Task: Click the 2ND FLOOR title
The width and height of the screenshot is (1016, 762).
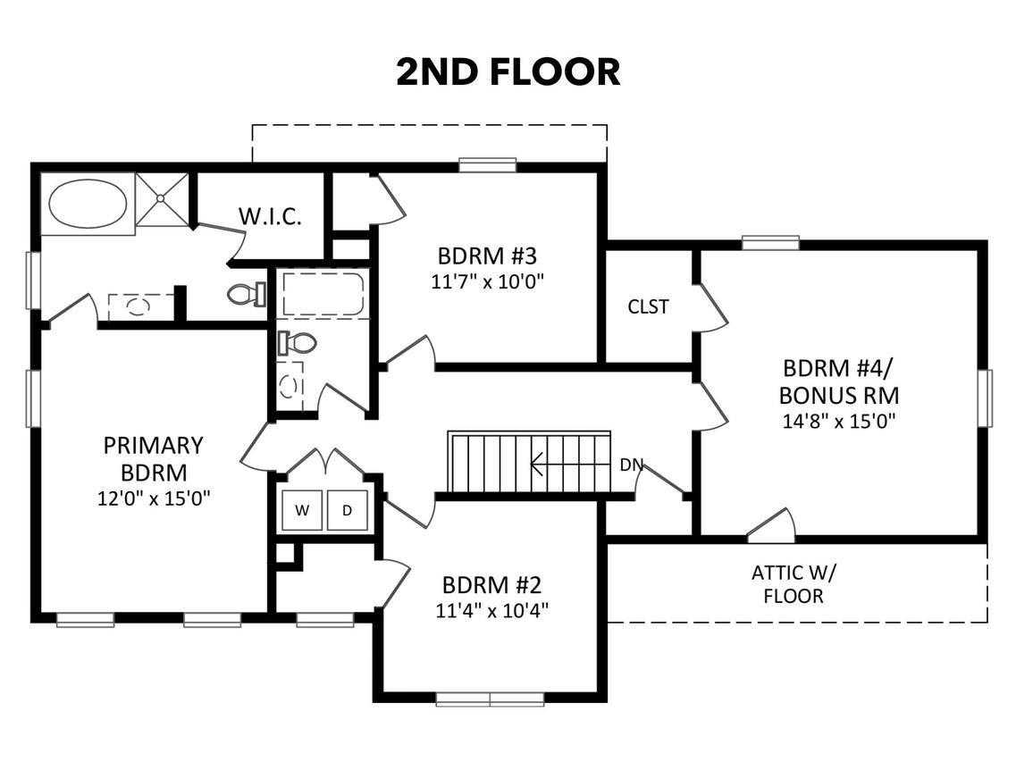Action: coord(508,72)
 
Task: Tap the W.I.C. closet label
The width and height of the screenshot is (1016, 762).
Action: coord(270,216)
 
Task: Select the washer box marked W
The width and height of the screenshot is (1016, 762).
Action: coord(302,511)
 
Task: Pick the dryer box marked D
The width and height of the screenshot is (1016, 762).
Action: coord(348,511)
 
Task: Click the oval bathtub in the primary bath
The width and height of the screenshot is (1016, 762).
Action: coord(88,203)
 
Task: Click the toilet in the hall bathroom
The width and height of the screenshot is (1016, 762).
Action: coord(296,342)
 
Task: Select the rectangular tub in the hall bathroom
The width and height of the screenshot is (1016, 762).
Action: coord(322,294)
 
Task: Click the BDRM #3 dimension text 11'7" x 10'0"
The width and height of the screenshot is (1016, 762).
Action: coord(487,282)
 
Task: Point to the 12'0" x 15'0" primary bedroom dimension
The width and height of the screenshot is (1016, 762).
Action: coord(155,498)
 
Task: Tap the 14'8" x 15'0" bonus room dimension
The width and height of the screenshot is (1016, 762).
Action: coord(839,421)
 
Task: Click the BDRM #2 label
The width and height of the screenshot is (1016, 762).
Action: coord(491,584)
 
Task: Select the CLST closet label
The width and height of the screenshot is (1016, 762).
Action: coord(648,306)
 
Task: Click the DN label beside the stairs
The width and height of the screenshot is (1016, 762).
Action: coord(631,465)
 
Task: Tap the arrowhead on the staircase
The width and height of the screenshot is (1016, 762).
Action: coord(536,464)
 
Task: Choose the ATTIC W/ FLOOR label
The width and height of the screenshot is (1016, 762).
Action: coord(793,584)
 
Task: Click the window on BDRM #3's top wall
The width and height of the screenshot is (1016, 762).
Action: coord(488,164)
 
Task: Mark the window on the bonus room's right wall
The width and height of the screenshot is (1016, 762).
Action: coord(985,398)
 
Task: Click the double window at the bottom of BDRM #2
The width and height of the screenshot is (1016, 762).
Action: coord(490,699)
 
